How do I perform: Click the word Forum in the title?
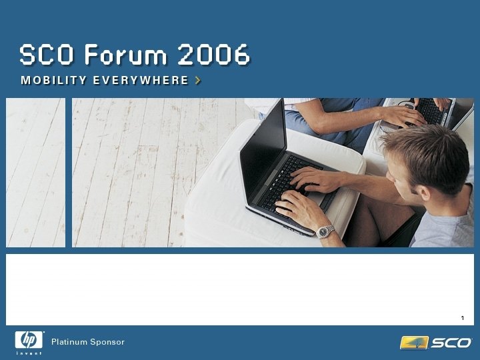(x=124, y=55)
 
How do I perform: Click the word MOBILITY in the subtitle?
(x=54, y=81)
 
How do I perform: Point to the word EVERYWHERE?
(x=141, y=81)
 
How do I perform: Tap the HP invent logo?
(x=29, y=342)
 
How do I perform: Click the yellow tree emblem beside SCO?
(x=413, y=343)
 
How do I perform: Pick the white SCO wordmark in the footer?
(x=451, y=343)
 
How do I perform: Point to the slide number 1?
(x=462, y=316)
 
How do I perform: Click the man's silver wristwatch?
(x=325, y=231)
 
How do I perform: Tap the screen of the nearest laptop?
(x=263, y=140)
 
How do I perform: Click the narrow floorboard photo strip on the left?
(x=35, y=173)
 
